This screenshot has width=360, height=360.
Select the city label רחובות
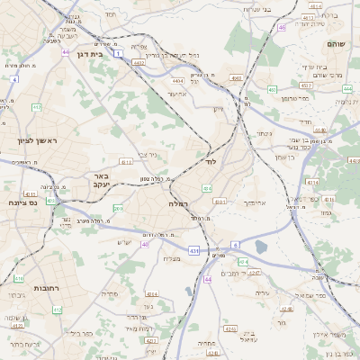click(33, 288)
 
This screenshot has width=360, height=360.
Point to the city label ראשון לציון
click(36, 141)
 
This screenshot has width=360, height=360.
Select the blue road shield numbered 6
click(236, 244)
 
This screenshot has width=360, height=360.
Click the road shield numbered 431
click(194, 249)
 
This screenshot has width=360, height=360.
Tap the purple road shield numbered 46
click(282, 28)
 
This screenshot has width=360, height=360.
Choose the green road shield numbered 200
click(117, 209)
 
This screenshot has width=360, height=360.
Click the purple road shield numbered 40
click(146, 243)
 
